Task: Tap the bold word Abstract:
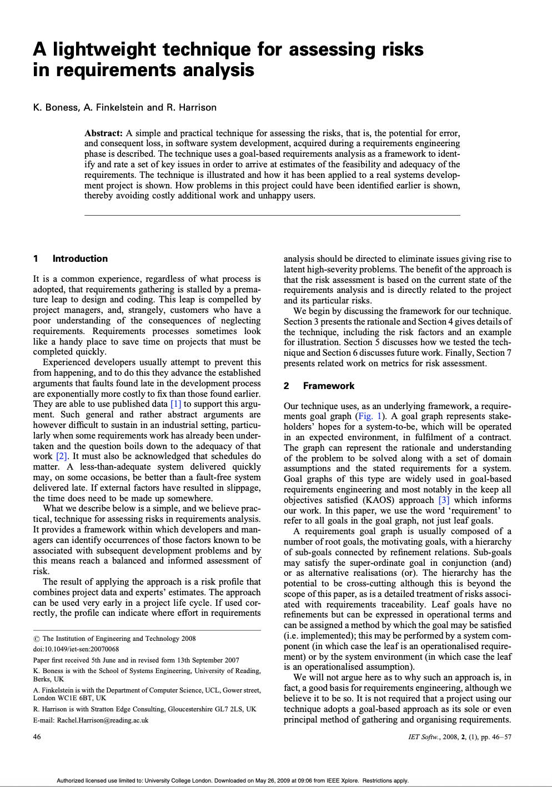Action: [x=103, y=133]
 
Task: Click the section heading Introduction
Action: [x=80, y=258]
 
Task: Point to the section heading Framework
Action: [x=328, y=386]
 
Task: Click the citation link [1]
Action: [x=175, y=404]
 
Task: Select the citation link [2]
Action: [x=62, y=456]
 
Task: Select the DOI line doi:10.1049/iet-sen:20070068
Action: [x=76, y=649]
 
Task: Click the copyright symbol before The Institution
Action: [x=36, y=639]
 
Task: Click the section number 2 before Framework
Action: [x=287, y=386]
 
